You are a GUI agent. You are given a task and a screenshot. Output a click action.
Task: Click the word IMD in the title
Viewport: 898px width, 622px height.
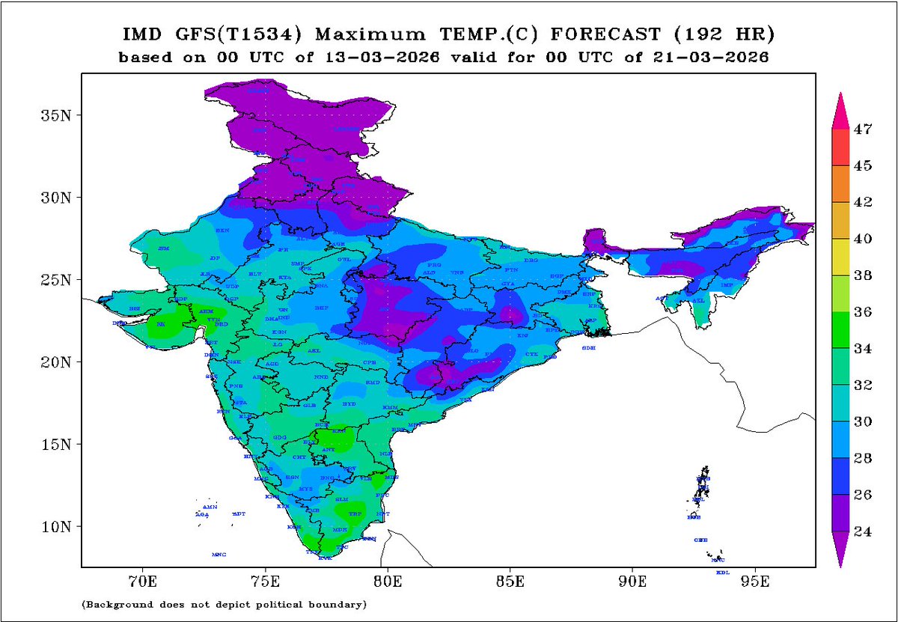pyautogui.click(x=141, y=34)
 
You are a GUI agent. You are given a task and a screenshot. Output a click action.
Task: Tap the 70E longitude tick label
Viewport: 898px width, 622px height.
pyautogui.click(x=142, y=582)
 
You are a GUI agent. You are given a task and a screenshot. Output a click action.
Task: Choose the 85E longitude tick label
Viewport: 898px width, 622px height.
pyautogui.click(x=510, y=582)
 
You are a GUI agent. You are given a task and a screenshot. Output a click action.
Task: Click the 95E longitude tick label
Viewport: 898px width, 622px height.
pyautogui.click(x=756, y=582)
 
